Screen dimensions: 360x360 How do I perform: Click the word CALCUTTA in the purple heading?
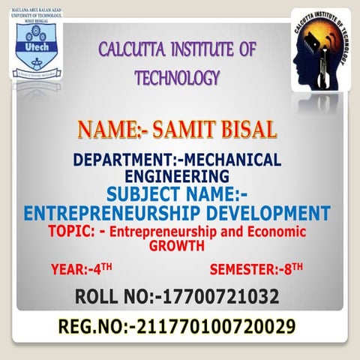pyautogui.click(x=134, y=51)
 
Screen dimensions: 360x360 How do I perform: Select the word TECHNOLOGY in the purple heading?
pyautogui.click(x=177, y=78)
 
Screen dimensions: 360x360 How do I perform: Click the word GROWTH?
pyautogui.click(x=177, y=244)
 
